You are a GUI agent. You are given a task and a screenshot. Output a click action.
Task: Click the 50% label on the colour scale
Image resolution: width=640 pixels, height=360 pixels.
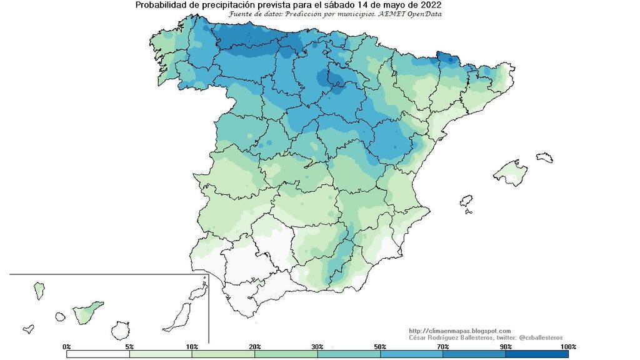click(x=380, y=346)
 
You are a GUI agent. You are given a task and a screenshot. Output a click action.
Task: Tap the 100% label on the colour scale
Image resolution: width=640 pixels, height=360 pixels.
click(x=567, y=346)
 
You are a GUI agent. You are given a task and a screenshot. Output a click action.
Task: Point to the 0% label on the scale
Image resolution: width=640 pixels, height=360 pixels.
click(x=67, y=346)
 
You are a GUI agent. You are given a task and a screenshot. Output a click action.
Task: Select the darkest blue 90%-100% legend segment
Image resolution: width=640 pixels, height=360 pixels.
click(x=537, y=354)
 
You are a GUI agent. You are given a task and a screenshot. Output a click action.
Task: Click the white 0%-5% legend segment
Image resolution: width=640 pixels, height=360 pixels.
click(x=98, y=354)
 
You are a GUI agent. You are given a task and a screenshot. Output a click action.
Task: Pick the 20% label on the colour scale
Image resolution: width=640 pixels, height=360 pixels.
click(x=254, y=346)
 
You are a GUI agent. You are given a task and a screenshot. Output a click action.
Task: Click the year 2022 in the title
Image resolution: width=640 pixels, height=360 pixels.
click(x=432, y=5)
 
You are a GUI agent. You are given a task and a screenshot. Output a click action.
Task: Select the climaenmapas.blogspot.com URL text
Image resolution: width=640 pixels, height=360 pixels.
click(x=460, y=331)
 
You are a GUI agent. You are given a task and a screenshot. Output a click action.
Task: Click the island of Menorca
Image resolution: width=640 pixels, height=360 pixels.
click(x=544, y=156)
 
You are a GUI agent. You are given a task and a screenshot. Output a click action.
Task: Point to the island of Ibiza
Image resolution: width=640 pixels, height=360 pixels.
click(x=466, y=201)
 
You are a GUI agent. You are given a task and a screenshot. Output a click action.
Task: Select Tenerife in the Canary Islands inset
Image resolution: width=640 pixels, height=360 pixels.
click(x=87, y=311)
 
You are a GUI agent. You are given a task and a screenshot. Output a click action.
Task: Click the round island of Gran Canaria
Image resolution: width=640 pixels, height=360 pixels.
click(x=120, y=329)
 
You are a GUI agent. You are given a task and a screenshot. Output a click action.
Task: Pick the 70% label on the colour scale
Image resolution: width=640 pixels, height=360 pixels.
click(x=442, y=346)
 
